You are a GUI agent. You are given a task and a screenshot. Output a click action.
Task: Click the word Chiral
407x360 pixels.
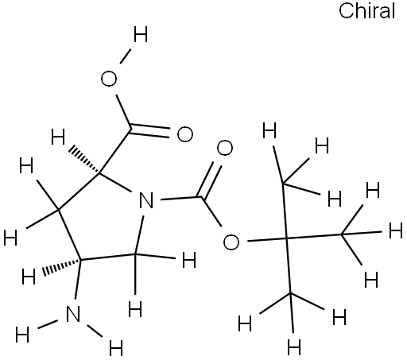(367, 11)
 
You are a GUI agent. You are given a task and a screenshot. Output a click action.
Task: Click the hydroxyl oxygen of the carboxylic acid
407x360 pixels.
(109, 79)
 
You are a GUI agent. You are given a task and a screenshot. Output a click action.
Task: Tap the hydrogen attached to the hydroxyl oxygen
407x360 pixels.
(141, 35)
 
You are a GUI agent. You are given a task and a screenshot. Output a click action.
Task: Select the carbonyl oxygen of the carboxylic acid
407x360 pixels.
(185, 134)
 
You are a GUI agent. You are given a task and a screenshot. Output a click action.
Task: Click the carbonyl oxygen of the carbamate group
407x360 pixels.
(225, 149)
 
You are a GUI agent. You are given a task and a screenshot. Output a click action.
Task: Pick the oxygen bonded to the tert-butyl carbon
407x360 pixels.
(231, 242)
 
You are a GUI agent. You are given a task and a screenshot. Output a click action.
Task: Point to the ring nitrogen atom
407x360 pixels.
(146, 200)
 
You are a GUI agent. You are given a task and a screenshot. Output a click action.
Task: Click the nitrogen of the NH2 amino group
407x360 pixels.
(73, 314)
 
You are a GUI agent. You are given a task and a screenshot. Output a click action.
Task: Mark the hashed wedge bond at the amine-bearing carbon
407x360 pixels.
(61, 268)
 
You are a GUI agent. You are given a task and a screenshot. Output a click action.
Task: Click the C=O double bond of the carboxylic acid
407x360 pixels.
(150, 130)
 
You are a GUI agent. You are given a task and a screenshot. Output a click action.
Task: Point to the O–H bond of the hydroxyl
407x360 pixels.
(126, 56)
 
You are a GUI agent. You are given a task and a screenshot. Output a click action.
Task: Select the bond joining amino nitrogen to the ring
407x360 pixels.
(78, 279)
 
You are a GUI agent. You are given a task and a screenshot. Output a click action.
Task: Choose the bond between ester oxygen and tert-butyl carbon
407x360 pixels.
(267, 240)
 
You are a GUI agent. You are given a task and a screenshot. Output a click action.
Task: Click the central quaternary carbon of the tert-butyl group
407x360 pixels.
(287, 239)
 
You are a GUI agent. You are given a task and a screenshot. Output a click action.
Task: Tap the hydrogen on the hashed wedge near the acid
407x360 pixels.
(58, 137)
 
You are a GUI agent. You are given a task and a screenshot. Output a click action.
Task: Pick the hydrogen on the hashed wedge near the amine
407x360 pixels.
(29, 277)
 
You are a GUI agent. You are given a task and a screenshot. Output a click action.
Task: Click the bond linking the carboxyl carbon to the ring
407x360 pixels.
(115, 151)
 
